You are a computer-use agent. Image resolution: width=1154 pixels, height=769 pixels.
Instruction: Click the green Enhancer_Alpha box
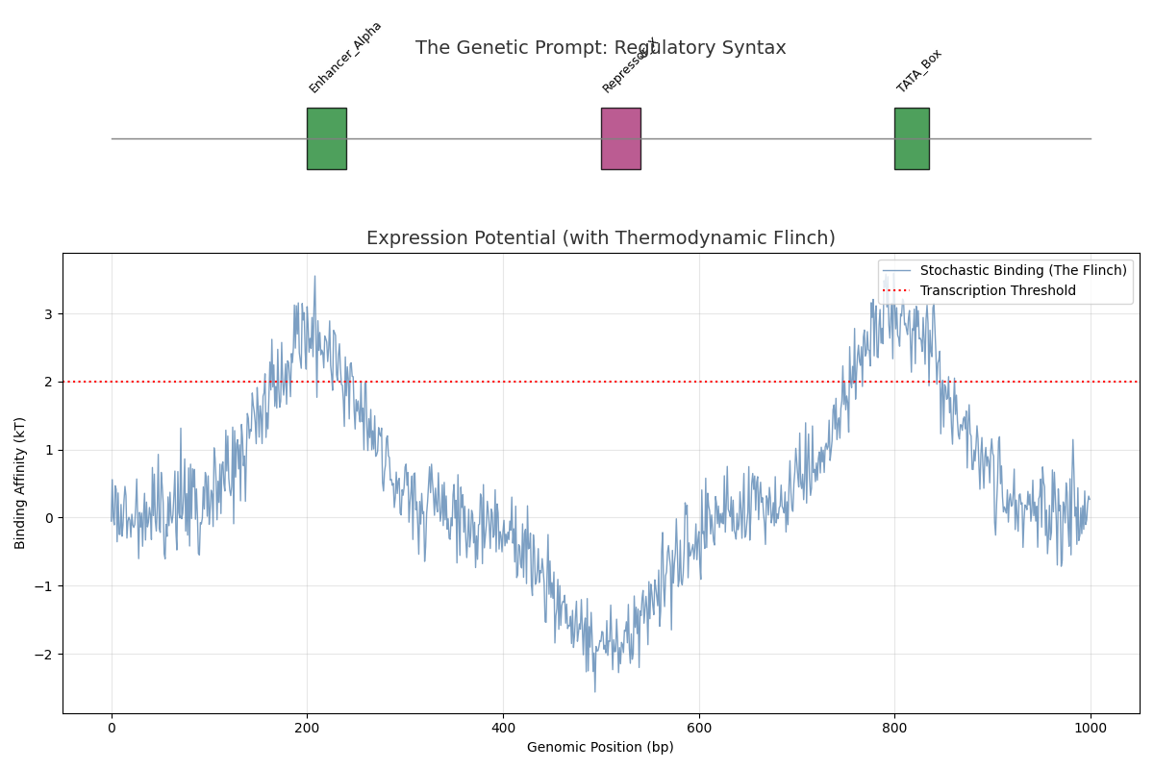pos(326,138)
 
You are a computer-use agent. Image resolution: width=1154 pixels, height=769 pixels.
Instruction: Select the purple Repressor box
pos(620,138)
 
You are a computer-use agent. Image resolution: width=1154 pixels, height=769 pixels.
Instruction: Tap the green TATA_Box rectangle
pos(912,138)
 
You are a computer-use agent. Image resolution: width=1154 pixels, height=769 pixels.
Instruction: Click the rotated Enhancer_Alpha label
pos(345,58)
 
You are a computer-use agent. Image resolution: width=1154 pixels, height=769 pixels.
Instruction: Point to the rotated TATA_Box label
pos(919,71)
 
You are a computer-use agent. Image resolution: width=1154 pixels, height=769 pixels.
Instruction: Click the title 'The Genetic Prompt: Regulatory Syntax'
pos(600,48)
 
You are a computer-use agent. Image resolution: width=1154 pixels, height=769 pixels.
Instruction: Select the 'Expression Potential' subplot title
pos(600,238)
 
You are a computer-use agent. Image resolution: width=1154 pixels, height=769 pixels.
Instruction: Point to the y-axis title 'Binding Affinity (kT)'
pos(20,483)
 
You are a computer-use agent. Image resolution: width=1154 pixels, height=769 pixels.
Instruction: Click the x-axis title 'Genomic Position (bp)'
pos(600,747)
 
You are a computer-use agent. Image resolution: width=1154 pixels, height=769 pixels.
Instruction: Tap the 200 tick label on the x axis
pos(307,729)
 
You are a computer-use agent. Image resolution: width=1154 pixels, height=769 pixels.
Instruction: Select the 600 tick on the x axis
pos(699,729)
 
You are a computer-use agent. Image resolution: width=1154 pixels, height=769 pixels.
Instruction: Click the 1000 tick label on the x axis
pos(1091,729)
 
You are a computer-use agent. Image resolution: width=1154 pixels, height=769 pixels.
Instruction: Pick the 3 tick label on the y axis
pos(47,313)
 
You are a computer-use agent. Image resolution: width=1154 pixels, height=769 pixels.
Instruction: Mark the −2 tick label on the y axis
pos(43,655)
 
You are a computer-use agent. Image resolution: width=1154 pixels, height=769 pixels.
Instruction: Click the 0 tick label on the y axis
pos(47,518)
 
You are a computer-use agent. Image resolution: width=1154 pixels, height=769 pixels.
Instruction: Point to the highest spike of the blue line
pos(314,277)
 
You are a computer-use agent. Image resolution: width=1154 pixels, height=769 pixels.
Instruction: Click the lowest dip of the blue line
pos(594,691)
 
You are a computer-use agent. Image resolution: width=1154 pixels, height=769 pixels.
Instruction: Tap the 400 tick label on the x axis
pos(503,729)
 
